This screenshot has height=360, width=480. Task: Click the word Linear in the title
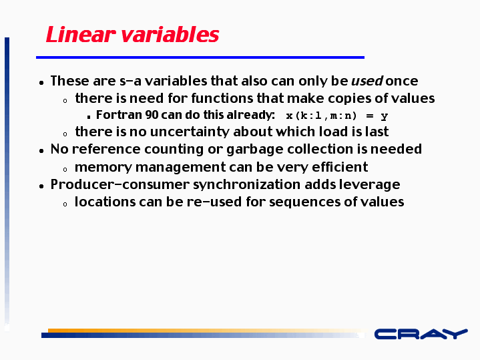(x=81, y=34)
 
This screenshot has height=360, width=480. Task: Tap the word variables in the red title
(x=170, y=34)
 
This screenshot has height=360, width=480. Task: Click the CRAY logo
(x=421, y=334)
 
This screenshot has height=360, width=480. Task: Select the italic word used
(x=367, y=81)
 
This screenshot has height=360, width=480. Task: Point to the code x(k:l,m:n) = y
(x=337, y=116)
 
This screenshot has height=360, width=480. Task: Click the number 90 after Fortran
(x=152, y=115)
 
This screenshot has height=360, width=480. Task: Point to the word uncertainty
(x=190, y=132)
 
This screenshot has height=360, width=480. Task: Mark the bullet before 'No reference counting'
(x=41, y=150)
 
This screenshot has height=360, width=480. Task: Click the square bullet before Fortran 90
(x=89, y=117)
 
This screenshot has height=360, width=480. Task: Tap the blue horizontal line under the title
(x=200, y=57)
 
